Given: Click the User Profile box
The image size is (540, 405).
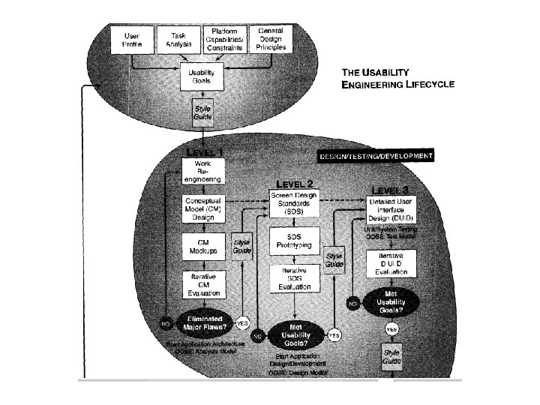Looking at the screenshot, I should (132, 39).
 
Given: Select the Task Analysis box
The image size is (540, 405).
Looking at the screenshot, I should (179, 39).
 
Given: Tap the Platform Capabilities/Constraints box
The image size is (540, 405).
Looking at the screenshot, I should (226, 39).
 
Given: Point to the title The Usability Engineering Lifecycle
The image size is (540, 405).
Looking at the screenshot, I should (398, 79).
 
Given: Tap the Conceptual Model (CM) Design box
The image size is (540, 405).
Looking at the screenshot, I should (199, 209).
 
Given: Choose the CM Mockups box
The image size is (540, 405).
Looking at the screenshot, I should (199, 248).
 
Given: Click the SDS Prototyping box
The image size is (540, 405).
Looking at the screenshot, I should (293, 242).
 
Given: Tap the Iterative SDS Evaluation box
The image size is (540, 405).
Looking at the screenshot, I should (293, 278).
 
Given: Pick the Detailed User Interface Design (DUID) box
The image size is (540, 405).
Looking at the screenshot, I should (391, 209).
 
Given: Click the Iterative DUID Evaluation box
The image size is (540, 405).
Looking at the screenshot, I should (391, 265).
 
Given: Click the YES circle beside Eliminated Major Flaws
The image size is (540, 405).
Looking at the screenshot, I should (242, 322).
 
